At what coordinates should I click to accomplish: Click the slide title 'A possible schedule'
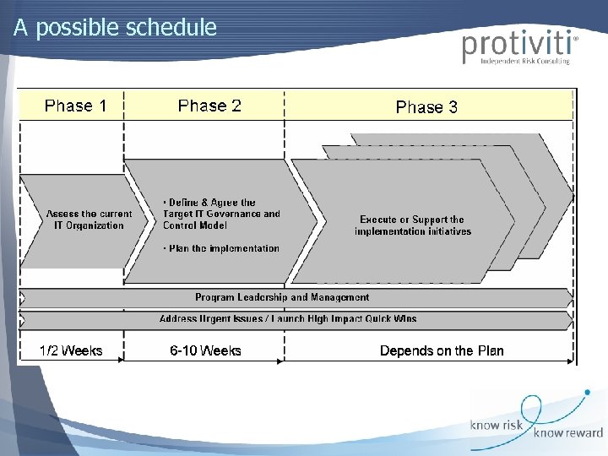(x=116, y=28)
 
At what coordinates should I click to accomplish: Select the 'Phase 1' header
(x=75, y=106)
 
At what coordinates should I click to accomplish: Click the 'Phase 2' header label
(x=209, y=106)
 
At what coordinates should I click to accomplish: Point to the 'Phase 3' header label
(x=426, y=107)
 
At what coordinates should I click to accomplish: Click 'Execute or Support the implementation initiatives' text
(x=413, y=225)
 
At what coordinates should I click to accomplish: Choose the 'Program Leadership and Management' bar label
(x=282, y=297)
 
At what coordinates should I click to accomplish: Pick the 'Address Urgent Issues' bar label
(x=287, y=319)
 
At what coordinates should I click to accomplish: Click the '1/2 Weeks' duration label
(x=72, y=350)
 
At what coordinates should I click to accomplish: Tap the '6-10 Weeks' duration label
(x=206, y=350)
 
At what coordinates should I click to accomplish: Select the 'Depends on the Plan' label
(x=442, y=350)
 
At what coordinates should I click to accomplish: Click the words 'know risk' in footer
(x=497, y=425)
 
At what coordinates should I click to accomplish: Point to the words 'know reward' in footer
(x=567, y=433)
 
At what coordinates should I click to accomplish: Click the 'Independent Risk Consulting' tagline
(x=524, y=62)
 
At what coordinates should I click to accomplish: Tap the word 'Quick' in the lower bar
(x=372, y=319)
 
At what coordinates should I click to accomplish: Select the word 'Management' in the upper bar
(x=341, y=297)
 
